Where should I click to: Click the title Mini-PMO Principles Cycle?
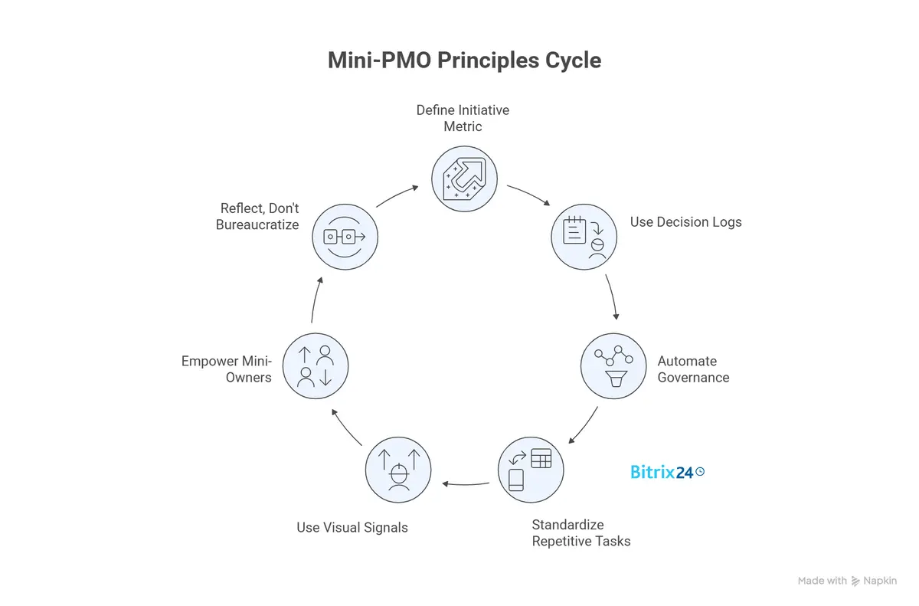click(464, 61)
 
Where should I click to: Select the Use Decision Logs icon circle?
click(585, 237)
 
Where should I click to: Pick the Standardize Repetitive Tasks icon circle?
click(531, 470)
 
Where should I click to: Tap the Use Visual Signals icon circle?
click(397, 470)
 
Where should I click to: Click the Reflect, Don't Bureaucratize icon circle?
click(345, 237)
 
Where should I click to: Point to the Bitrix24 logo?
click(666, 472)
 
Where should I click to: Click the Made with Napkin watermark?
click(847, 581)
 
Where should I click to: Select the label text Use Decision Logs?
click(685, 222)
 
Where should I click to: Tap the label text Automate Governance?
click(692, 369)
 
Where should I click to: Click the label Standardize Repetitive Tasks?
click(581, 532)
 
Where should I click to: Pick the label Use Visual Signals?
click(352, 527)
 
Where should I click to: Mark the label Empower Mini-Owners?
click(226, 369)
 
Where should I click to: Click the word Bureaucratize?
click(257, 225)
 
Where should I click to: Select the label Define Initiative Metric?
click(463, 118)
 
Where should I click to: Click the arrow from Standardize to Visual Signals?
click(466, 483)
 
